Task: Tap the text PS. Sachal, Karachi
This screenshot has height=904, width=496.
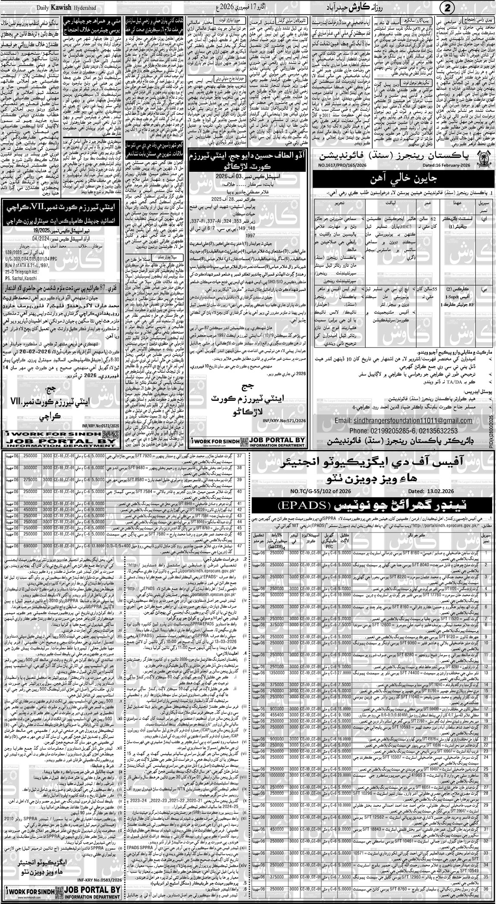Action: [x=22, y=290]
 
